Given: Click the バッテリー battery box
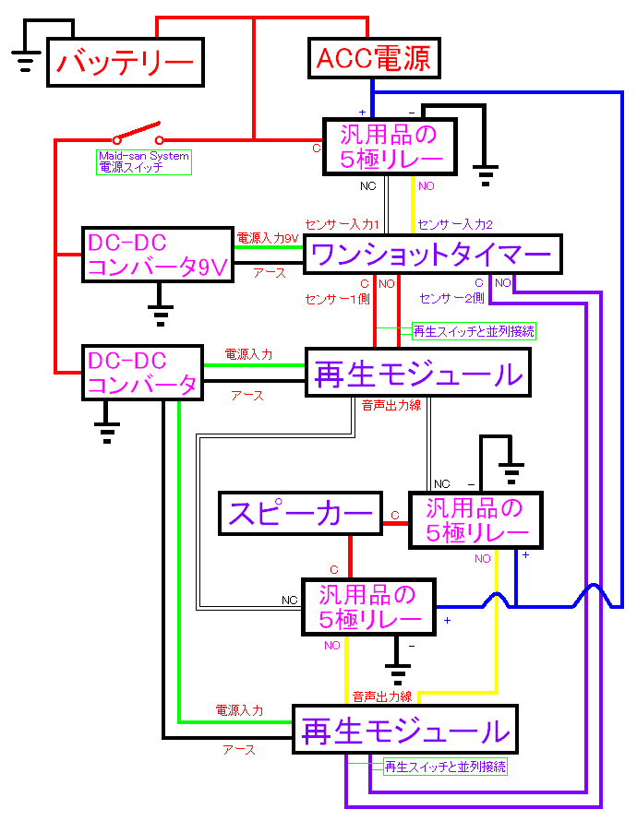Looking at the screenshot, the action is pyautogui.click(x=126, y=63).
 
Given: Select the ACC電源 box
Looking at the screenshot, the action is pyautogui.click(x=374, y=58).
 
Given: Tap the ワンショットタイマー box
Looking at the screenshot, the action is pyautogui.click(x=433, y=255).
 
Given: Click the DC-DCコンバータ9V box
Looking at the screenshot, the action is pyautogui.click(x=158, y=255).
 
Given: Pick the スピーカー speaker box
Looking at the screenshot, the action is pyautogui.click(x=300, y=514).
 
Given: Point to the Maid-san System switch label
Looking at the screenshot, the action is pyautogui.click(x=144, y=161).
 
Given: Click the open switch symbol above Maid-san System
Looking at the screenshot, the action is pyautogui.click(x=138, y=134).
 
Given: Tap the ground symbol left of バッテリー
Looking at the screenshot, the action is pyautogui.click(x=26, y=61).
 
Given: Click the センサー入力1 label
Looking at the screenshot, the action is pyautogui.click(x=342, y=225).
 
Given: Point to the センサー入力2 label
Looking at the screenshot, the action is pyautogui.click(x=455, y=225).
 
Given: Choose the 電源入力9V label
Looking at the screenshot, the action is pyautogui.click(x=268, y=238).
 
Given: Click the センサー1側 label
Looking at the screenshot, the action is pyautogui.click(x=337, y=299).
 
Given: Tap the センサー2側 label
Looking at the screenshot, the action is pyautogui.click(x=451, y=299).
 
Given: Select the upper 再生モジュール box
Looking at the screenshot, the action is pyautogui.click(x=418, y=373).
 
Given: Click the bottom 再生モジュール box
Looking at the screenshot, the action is pyautogui.click(x=405, y=730).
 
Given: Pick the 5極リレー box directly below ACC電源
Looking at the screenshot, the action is pyautogui.click(x=391, y=147).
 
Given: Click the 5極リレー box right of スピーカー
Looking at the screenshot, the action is pyautogui.click(x=475, y=520).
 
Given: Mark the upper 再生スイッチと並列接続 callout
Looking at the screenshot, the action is pyautogui.click(x=474, y=331).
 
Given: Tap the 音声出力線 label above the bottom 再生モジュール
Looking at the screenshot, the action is pyautogui.click(x=382, y=696).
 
